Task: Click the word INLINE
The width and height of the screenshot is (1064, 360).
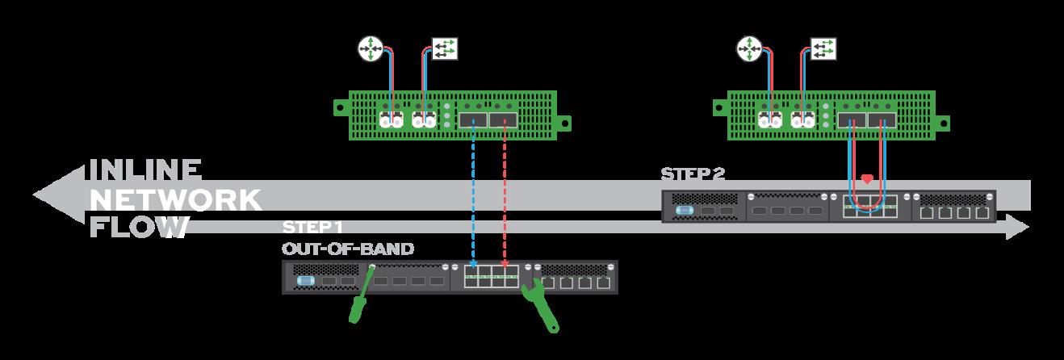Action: (x=143, y=170)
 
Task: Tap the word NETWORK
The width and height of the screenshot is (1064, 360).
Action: (x=175, y=199)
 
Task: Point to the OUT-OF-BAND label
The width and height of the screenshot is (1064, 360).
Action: (x=347, y=249)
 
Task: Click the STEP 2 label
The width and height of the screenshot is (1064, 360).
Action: (x=692, y=174)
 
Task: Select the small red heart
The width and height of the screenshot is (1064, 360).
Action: (x=868, y=178)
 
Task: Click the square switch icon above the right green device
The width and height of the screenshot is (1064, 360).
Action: (x=823, y=49)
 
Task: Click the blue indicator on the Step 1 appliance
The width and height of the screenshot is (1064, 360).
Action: (x=304, y=281)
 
